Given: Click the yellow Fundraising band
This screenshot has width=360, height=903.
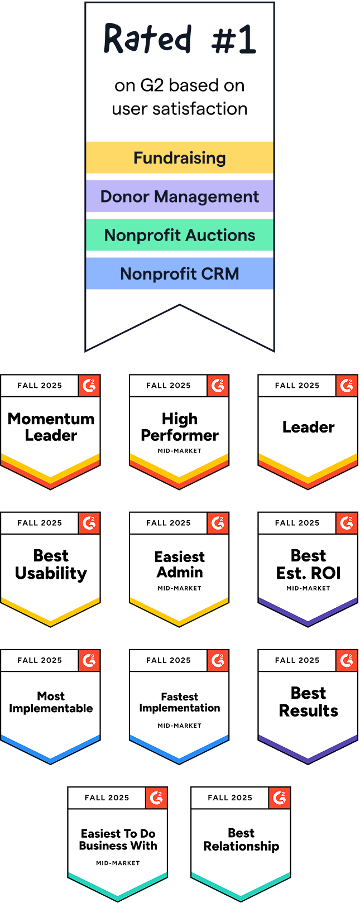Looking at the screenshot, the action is click(179, 158).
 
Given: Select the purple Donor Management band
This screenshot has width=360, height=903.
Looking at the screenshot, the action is click(179, 196).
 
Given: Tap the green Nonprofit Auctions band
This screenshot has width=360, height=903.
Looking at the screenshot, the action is click(179, 235).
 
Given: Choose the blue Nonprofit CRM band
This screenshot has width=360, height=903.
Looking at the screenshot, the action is click(179, 273).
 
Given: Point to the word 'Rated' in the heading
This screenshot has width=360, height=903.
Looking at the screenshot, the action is click(147, 39).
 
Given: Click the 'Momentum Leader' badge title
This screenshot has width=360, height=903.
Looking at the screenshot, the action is click(51, 427).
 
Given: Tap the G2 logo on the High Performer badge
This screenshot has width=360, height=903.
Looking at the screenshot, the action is click(218, 386).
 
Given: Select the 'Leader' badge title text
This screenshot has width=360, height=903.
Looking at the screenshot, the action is click(308, 427).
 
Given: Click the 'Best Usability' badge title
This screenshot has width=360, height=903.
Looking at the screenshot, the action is click(51, 564).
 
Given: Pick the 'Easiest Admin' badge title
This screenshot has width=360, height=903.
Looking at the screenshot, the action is click(179, 564).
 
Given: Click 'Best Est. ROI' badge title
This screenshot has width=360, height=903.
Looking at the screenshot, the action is click(308, 564).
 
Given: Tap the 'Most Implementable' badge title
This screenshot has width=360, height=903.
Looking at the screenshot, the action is click(51, 702).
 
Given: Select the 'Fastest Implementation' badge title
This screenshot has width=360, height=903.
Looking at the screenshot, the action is click(179, 702).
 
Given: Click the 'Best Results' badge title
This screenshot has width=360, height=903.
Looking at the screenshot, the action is click(308, 702).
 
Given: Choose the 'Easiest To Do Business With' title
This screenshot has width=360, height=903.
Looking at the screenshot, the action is click(118, 839).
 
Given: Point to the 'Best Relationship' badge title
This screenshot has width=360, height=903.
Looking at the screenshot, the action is click(241, 839).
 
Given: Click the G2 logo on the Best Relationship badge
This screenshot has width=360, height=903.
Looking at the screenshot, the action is click(279, 798).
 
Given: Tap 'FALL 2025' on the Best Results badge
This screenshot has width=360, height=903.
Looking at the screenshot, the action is click(297, 660).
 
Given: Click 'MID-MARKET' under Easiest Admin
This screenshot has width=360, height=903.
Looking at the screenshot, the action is click(179, 588).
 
